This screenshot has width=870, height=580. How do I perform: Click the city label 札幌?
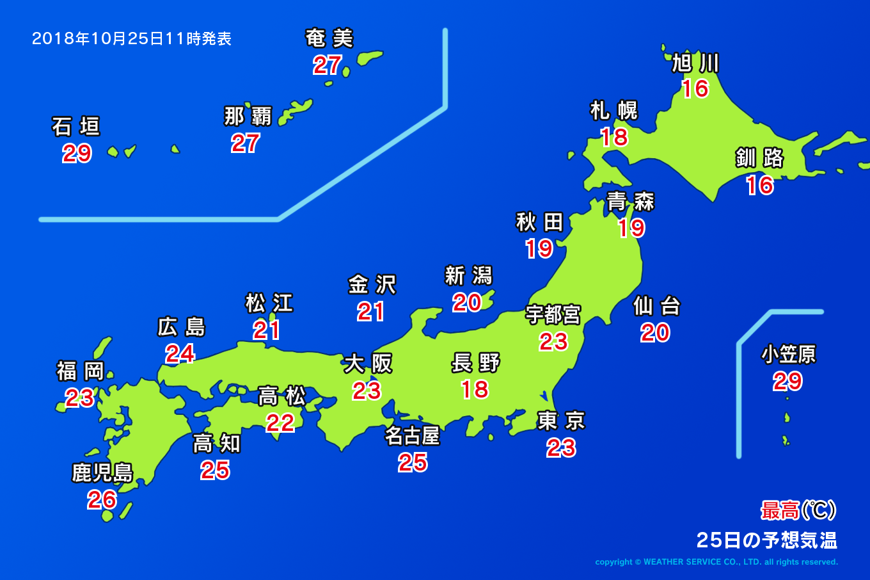tap(613, 111)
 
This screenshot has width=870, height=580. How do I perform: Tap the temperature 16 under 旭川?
tap(695, 88)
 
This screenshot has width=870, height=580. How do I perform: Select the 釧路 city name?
tap(759, 157)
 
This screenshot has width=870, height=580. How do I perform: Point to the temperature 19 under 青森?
tap(631, 228)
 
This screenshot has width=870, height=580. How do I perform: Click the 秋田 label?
tap(539, 222)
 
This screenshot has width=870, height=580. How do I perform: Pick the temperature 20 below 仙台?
tap(655, 332)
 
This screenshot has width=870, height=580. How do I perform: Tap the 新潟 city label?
tap(468, 276)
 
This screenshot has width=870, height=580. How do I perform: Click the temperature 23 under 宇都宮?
tap(553, 342)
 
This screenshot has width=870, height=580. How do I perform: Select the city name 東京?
tap(561, 421)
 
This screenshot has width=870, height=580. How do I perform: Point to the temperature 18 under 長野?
tap(475, 389)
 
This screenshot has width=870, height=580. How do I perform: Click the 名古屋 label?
tap(412, 436)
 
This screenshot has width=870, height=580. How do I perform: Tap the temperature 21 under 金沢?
tap(371, 312)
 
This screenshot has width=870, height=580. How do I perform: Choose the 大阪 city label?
tap(368, 364)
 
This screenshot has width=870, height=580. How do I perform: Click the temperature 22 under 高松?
tap(280, 423)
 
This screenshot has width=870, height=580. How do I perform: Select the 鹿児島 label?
tap(102, 473)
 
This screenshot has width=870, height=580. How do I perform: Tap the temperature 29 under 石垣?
tap(77, 154)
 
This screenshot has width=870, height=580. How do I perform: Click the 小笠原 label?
tap(788, 354)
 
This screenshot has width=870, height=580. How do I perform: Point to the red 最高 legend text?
tap(780, 511)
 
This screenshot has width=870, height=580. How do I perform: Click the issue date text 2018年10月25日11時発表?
tap(132, 39)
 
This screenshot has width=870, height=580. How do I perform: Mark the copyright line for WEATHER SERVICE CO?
tap(716, 562)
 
